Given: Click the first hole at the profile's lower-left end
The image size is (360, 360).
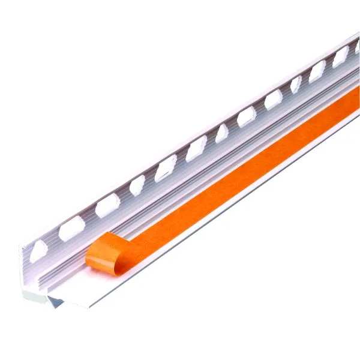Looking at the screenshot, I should [39, 248].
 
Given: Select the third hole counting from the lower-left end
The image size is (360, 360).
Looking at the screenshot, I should [107, 206].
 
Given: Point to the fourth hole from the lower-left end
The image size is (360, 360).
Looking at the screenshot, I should [137, 185].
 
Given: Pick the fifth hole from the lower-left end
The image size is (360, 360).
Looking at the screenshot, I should [166, 167].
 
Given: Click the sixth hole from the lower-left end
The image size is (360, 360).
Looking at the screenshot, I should [196, 148].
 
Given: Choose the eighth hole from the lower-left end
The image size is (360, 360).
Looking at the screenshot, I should [247, 116].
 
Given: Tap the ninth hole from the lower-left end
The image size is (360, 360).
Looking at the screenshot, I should [274, 99].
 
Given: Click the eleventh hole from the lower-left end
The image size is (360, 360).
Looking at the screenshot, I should [317, 71].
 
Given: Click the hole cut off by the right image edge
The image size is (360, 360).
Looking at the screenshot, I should [357, 46].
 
